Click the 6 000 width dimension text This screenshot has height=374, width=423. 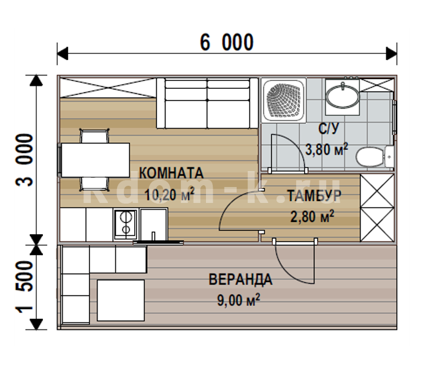point(227,42)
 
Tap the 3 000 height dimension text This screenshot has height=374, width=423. point(25,160)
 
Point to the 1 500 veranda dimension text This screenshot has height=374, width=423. point(25,287)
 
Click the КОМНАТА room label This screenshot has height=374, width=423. point(171,173)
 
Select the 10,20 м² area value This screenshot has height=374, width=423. point(170,194)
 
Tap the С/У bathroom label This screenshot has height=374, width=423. point(329,129)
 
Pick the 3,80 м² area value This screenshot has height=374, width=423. point(326,149)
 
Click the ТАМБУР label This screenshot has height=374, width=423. point(314,196)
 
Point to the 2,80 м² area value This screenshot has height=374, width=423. point(312,216)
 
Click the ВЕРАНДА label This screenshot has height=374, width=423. point(240,280)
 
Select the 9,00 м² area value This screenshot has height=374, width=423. point(238,300)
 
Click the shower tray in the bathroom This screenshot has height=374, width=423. point(283,101)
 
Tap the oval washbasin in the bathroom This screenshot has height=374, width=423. point(342,96)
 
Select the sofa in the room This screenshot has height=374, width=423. point(207,103)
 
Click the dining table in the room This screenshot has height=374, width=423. point(96,160)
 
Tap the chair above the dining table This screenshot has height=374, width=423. point(94,135)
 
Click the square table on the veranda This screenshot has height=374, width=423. point(121,300)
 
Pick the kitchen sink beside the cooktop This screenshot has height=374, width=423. point(153,224)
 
